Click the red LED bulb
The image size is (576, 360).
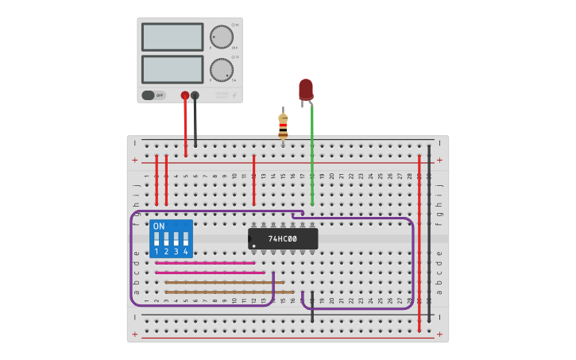(306, 89)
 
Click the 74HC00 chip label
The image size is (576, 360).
(283, 238)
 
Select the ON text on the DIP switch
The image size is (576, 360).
(159, 226)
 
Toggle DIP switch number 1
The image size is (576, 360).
(157, 238)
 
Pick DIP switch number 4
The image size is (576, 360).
(186, 238)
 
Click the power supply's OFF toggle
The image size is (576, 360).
(153, 95)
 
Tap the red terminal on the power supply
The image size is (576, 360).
(185, 95)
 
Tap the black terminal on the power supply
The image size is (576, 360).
(195, 95)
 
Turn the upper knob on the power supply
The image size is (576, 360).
(222, 37)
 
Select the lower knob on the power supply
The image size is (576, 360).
(222, 70)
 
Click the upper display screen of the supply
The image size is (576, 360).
(172, 37)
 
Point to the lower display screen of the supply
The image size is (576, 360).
(172, 69)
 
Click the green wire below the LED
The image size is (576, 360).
(312, 159)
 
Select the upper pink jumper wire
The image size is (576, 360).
(205, 263)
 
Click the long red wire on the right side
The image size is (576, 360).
(419, 238)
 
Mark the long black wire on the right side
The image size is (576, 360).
(429, 230)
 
